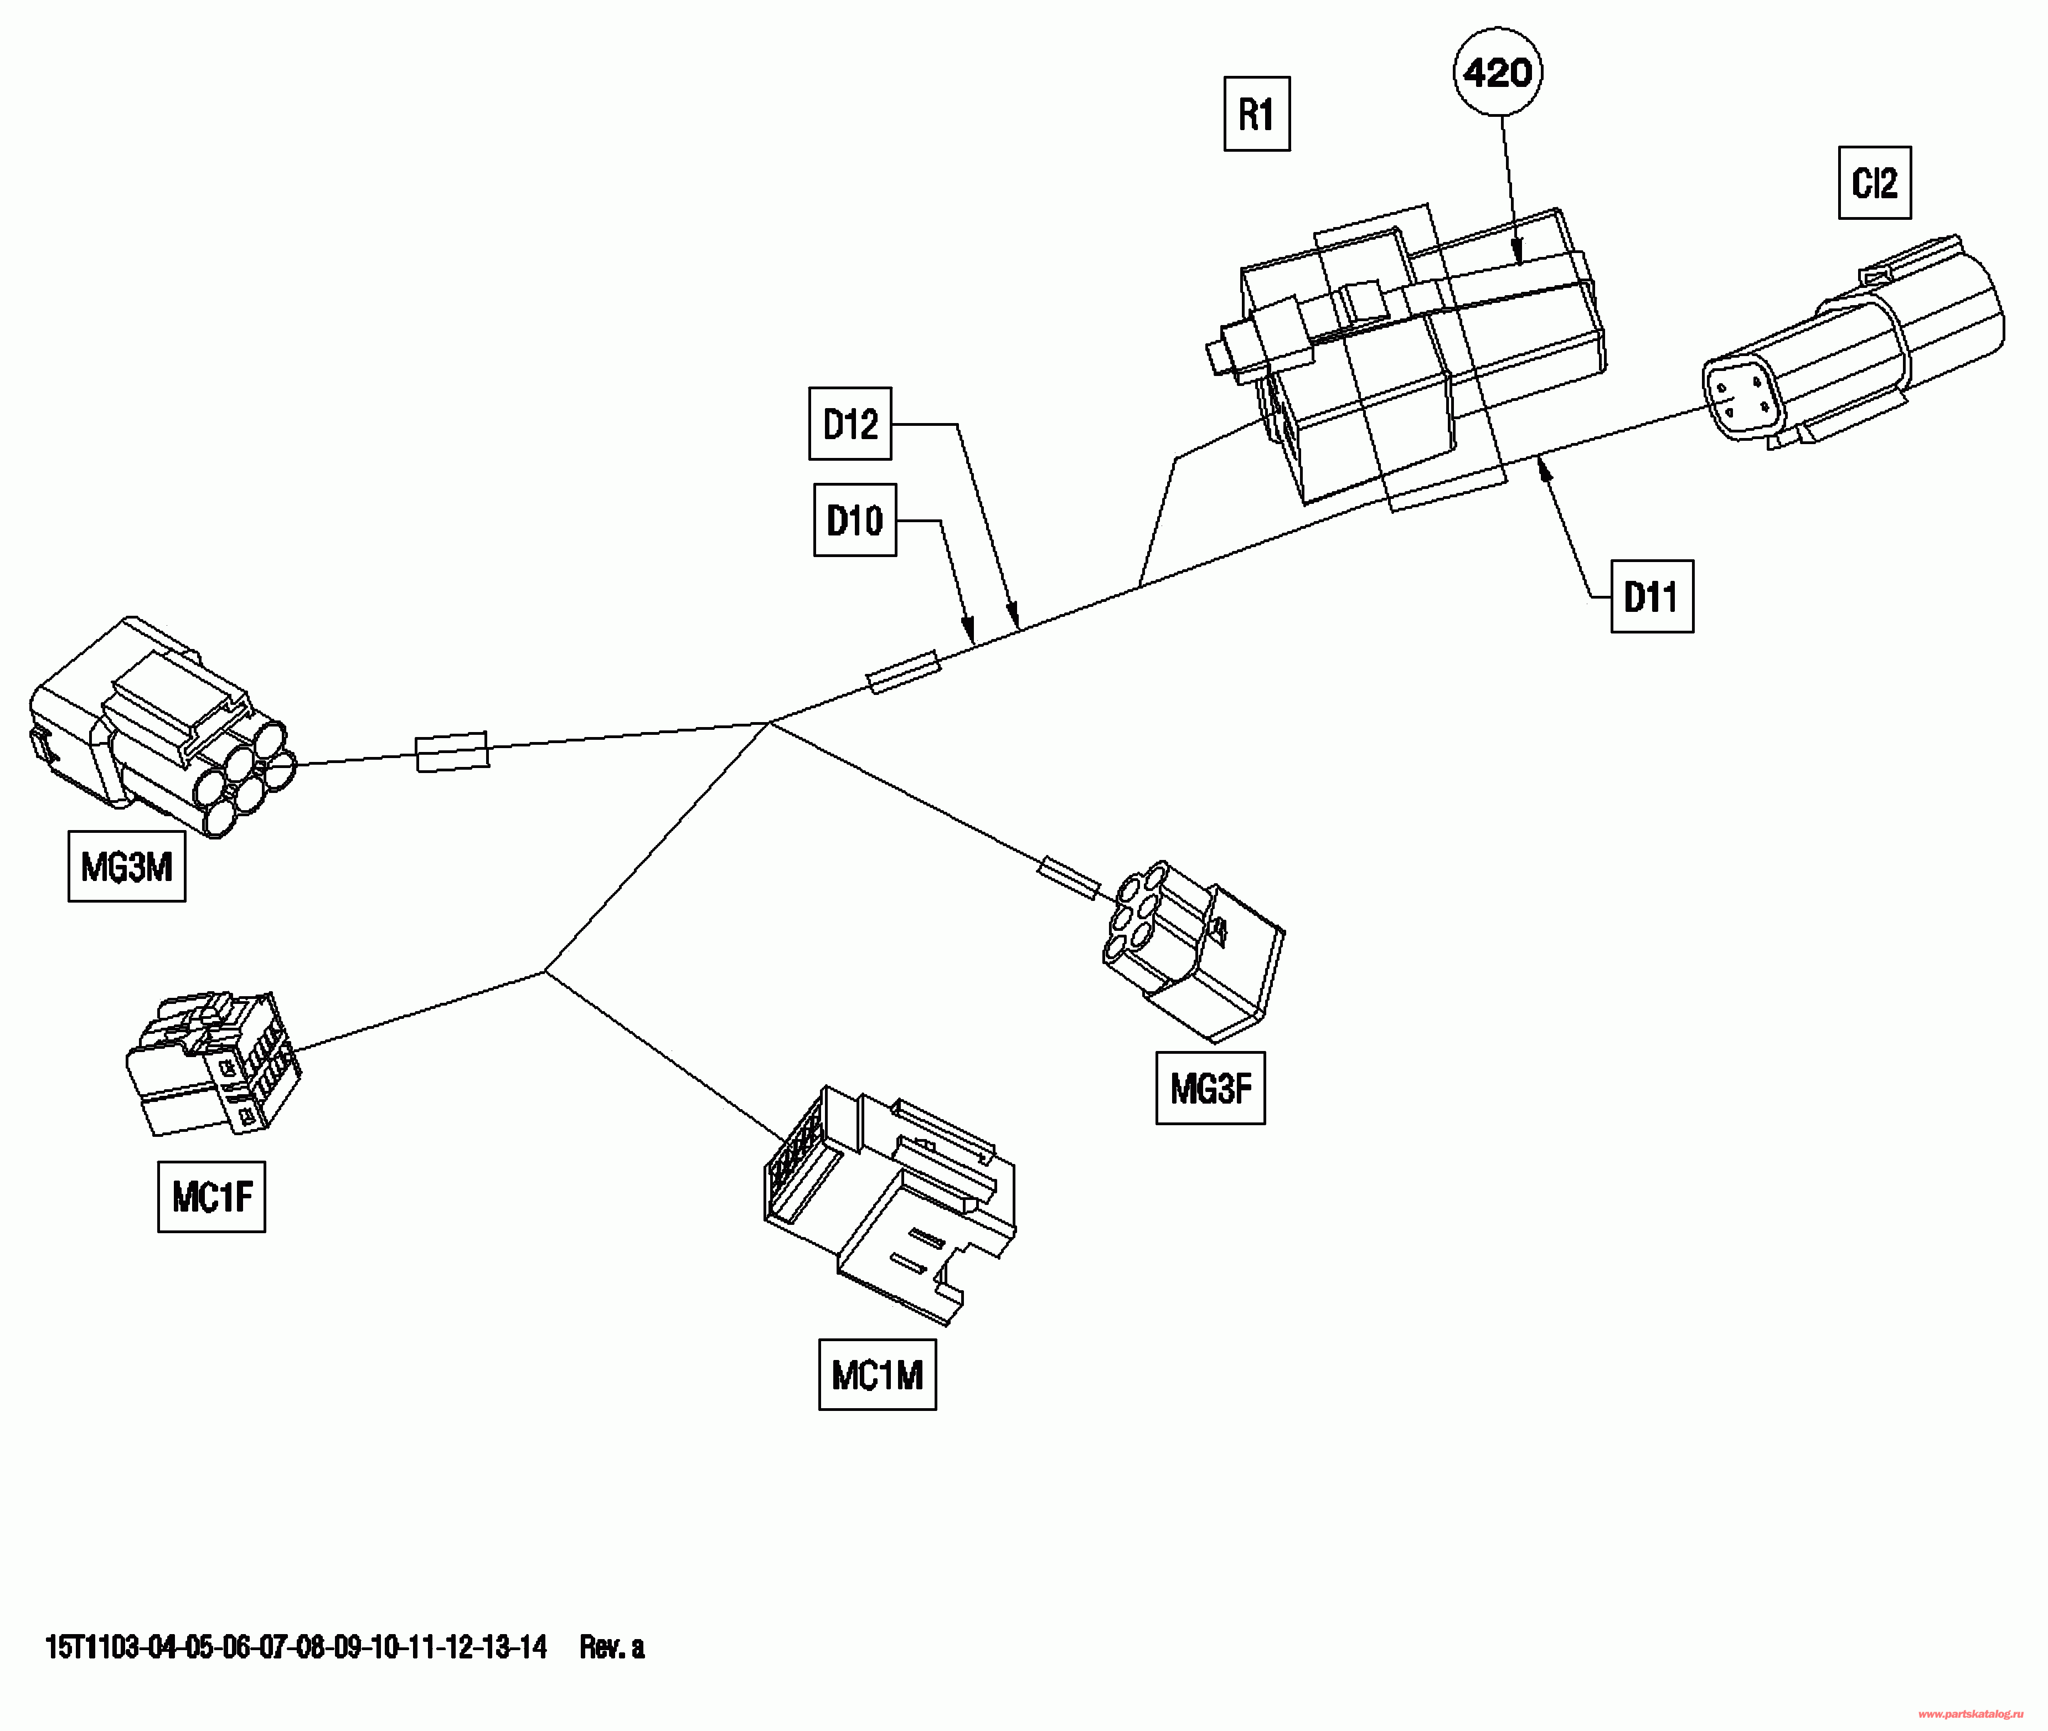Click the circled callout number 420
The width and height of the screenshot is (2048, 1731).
(x=1498, y=71)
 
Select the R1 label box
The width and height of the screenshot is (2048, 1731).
(x=1257, y=114)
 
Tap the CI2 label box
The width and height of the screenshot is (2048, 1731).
(x=1874, y=183)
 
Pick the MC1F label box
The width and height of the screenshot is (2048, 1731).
(x=211, y=1196)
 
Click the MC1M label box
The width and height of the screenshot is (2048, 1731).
(x=878, y=1375)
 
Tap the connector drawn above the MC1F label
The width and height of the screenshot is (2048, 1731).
(x=213, y=1063)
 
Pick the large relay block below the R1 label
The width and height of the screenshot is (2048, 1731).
(x=1405, y=358)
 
